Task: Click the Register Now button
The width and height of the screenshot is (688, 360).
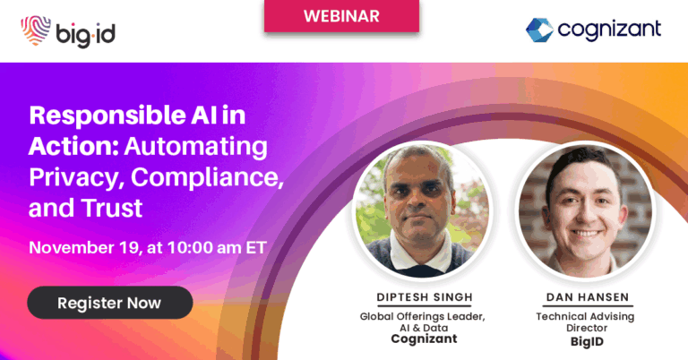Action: point(109,303)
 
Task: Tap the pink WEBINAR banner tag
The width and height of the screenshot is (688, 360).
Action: point(341,16)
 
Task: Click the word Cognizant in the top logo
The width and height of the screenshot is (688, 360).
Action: point(609,30)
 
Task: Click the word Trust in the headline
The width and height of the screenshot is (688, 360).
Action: point(112,209)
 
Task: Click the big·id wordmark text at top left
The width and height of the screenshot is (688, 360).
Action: point(89,33)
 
